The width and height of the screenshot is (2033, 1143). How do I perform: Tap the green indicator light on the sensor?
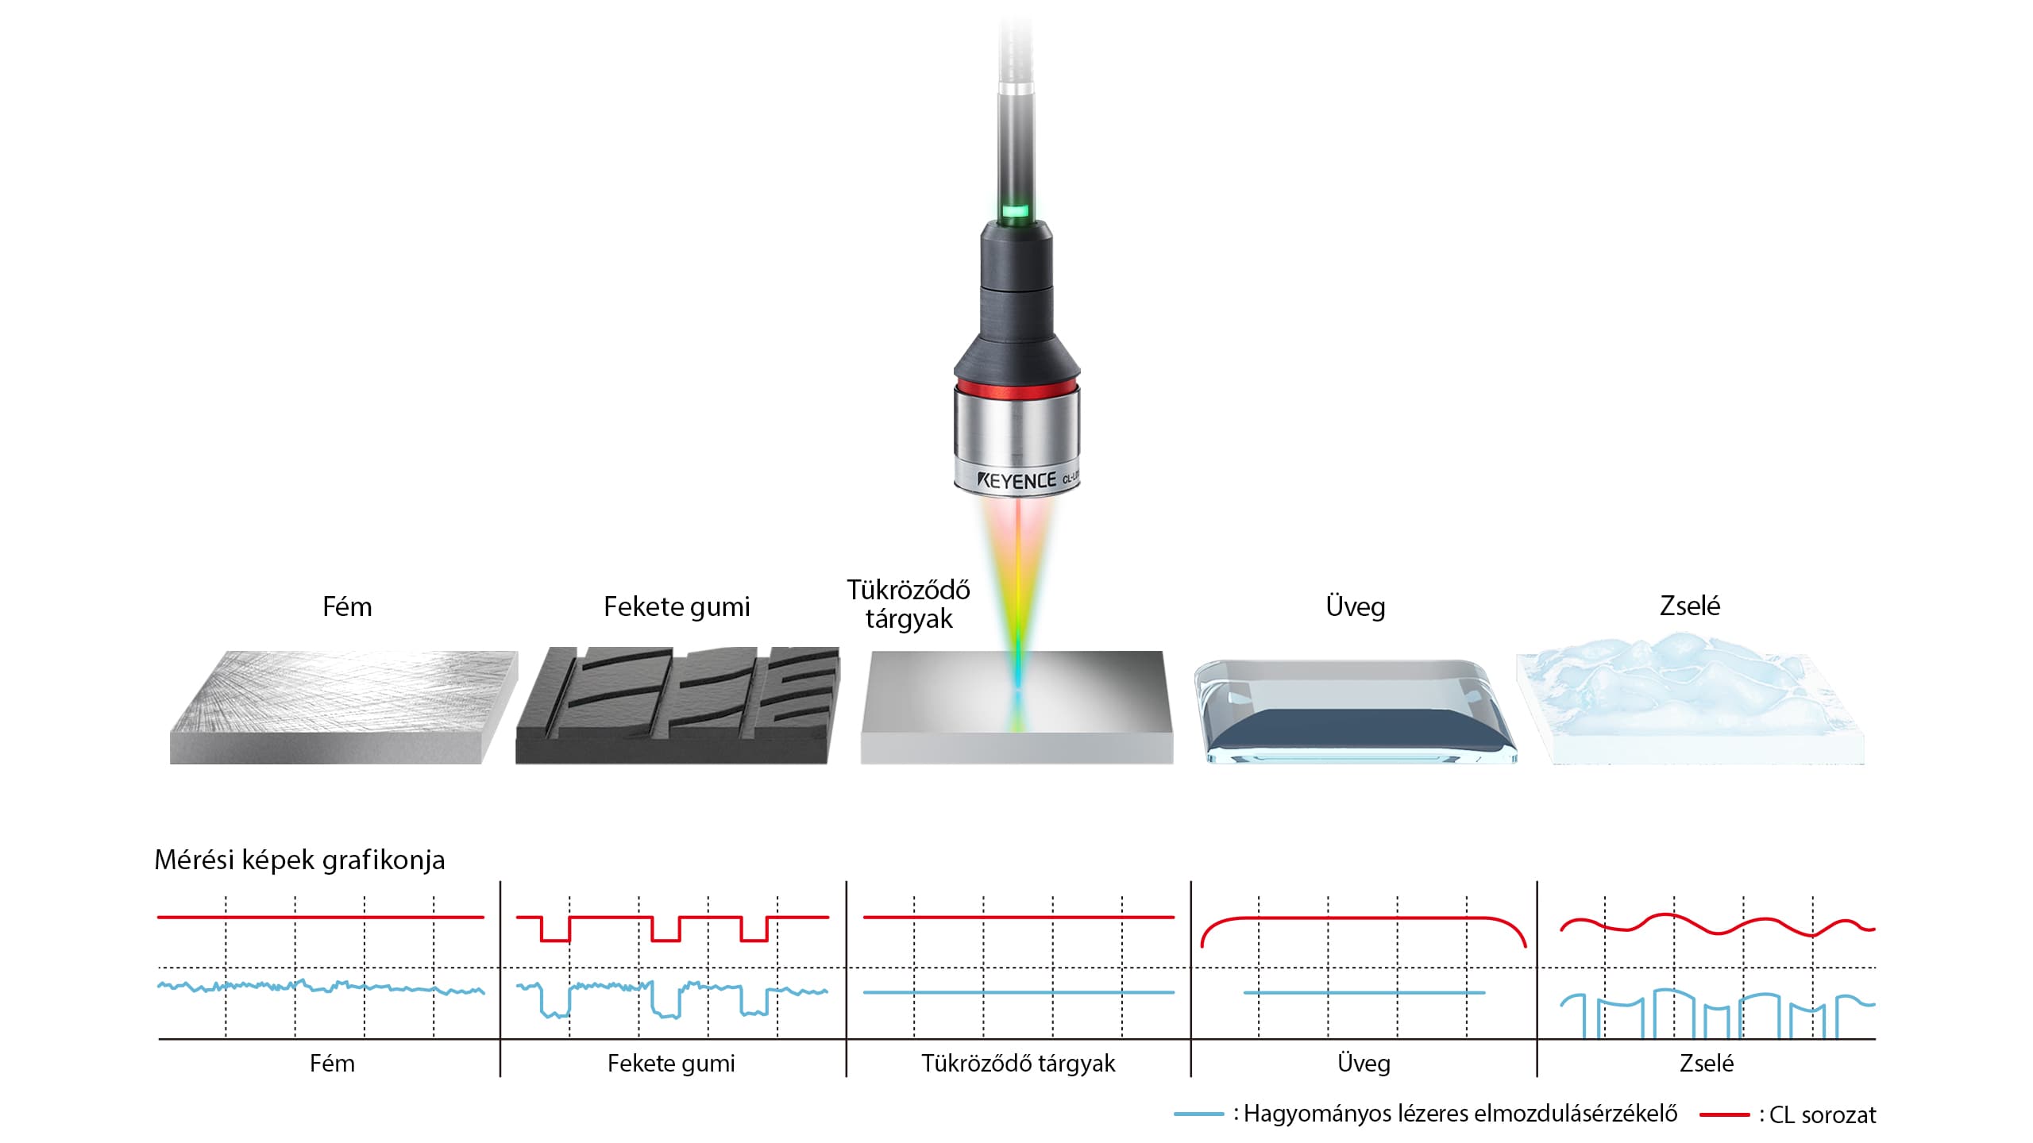click(x=1016, y=212)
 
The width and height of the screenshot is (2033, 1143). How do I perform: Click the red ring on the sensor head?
click(x=1016, y=387)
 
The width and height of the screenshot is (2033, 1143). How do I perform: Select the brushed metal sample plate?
click(x=344, y=707)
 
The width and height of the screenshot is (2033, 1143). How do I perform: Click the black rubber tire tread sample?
click(x=677, y=706)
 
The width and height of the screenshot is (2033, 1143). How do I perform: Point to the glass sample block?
click(x=1356, y=711)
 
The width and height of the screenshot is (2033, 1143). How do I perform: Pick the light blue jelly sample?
click(x=1691, y=698)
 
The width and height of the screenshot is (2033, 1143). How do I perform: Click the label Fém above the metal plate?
click(x=347, y=606)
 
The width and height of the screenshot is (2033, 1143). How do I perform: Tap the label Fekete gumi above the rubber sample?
click(x=677, y=607)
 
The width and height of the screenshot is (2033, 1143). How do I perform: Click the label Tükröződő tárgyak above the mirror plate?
click(x=908, y=604)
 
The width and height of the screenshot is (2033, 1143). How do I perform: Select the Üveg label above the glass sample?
click(x=1356, y=606)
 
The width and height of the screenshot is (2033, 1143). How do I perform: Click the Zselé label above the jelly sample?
click(x=1690, y=606)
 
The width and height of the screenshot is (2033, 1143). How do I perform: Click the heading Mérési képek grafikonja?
click(x=299, y=860)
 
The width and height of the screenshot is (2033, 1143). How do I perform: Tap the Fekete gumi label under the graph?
click(x=671, y=1064)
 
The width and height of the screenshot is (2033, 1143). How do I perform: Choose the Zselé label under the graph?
click(x=1707, y=1064)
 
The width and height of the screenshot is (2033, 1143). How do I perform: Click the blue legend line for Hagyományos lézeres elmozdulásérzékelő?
click(x=1199, y=1114)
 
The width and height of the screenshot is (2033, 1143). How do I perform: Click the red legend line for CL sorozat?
click(x=1725, y=1115)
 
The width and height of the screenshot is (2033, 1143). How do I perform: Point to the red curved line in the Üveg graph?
click(x=1364, y=918)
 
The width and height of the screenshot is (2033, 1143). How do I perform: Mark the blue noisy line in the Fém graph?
click(x=321, y=987)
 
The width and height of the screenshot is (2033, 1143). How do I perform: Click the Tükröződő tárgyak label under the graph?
click(x=1018, y=1064)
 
